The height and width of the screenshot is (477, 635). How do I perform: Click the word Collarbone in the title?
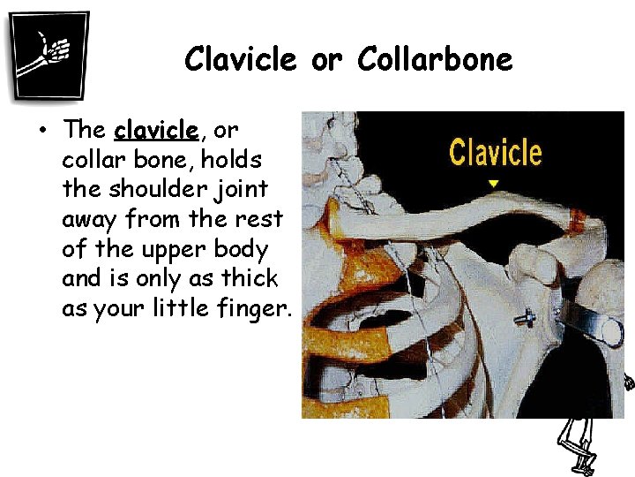coord(434,59)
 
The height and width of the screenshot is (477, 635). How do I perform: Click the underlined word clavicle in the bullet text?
coord(156,130)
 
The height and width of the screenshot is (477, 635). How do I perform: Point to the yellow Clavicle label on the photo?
coord(495,152)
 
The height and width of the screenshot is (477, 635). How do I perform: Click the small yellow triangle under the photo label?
coord(494,184)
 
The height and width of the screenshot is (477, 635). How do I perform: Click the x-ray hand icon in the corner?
coord(49,55)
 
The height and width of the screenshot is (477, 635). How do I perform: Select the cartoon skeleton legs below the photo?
coord(578,445)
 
